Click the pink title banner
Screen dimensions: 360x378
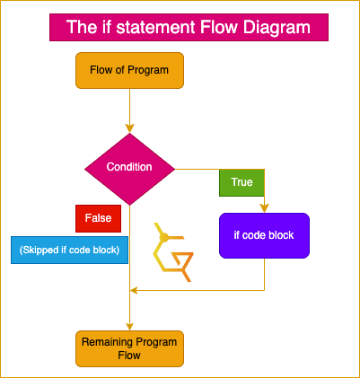189,27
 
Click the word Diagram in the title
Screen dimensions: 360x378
277,27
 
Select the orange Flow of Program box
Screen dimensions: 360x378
129,70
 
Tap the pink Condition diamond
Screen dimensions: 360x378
129,169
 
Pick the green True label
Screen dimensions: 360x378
241,182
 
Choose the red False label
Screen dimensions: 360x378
98,218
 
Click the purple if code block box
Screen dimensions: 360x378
264,235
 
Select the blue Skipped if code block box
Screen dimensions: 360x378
69,250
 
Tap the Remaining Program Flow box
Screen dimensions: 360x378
129,348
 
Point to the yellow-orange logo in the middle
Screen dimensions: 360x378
172,252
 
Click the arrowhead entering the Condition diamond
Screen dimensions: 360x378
129,128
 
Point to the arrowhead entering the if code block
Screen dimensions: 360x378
264,208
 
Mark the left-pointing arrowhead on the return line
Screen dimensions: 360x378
134,290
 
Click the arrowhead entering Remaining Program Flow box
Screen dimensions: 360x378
129,326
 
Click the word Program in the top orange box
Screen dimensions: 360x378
148,70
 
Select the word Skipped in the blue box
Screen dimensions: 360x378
40,250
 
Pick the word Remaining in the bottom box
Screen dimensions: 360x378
108,342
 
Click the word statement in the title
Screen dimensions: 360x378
155,27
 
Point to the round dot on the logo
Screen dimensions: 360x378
163,238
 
